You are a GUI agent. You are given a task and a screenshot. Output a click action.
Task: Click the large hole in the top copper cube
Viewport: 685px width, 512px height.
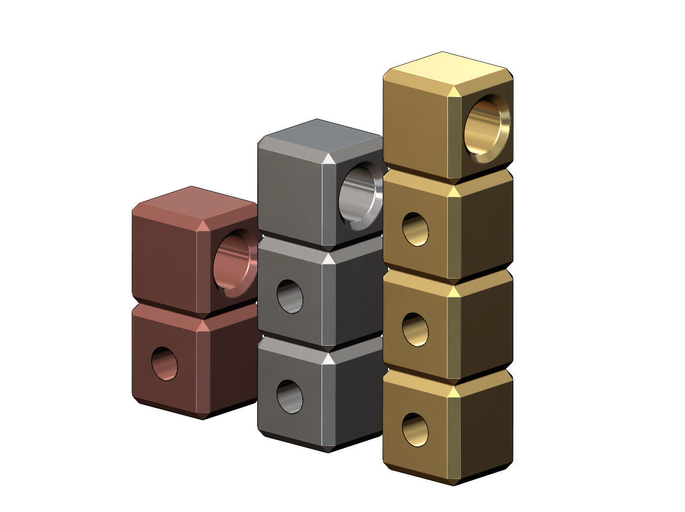pos(234,263)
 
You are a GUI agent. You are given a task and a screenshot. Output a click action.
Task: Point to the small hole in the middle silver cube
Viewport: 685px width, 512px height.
pos(290,296)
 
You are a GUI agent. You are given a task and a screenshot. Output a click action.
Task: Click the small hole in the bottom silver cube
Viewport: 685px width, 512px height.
pos(290,396)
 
